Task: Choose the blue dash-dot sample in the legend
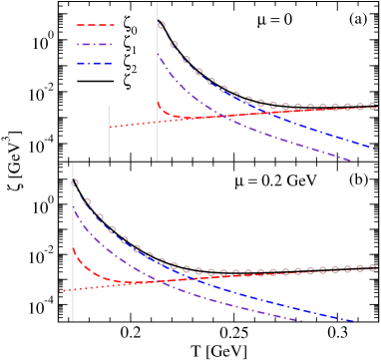(x=95, y=62)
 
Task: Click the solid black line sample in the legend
(x=95, y=80)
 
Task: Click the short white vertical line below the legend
(x=109, y=132)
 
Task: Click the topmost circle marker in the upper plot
(x=162, y=24)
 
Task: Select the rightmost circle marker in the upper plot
(x=372, y=105)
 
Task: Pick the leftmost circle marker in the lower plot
(x=75, y=182)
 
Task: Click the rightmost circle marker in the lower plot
(x=372, y=267)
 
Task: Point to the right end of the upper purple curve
(x=350, y=159)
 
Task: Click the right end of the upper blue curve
(x=373, y=148)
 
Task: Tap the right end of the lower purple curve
(x=300, y=321)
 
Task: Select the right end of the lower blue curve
(x=354, y=321)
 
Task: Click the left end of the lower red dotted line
(x=61, y=290)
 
